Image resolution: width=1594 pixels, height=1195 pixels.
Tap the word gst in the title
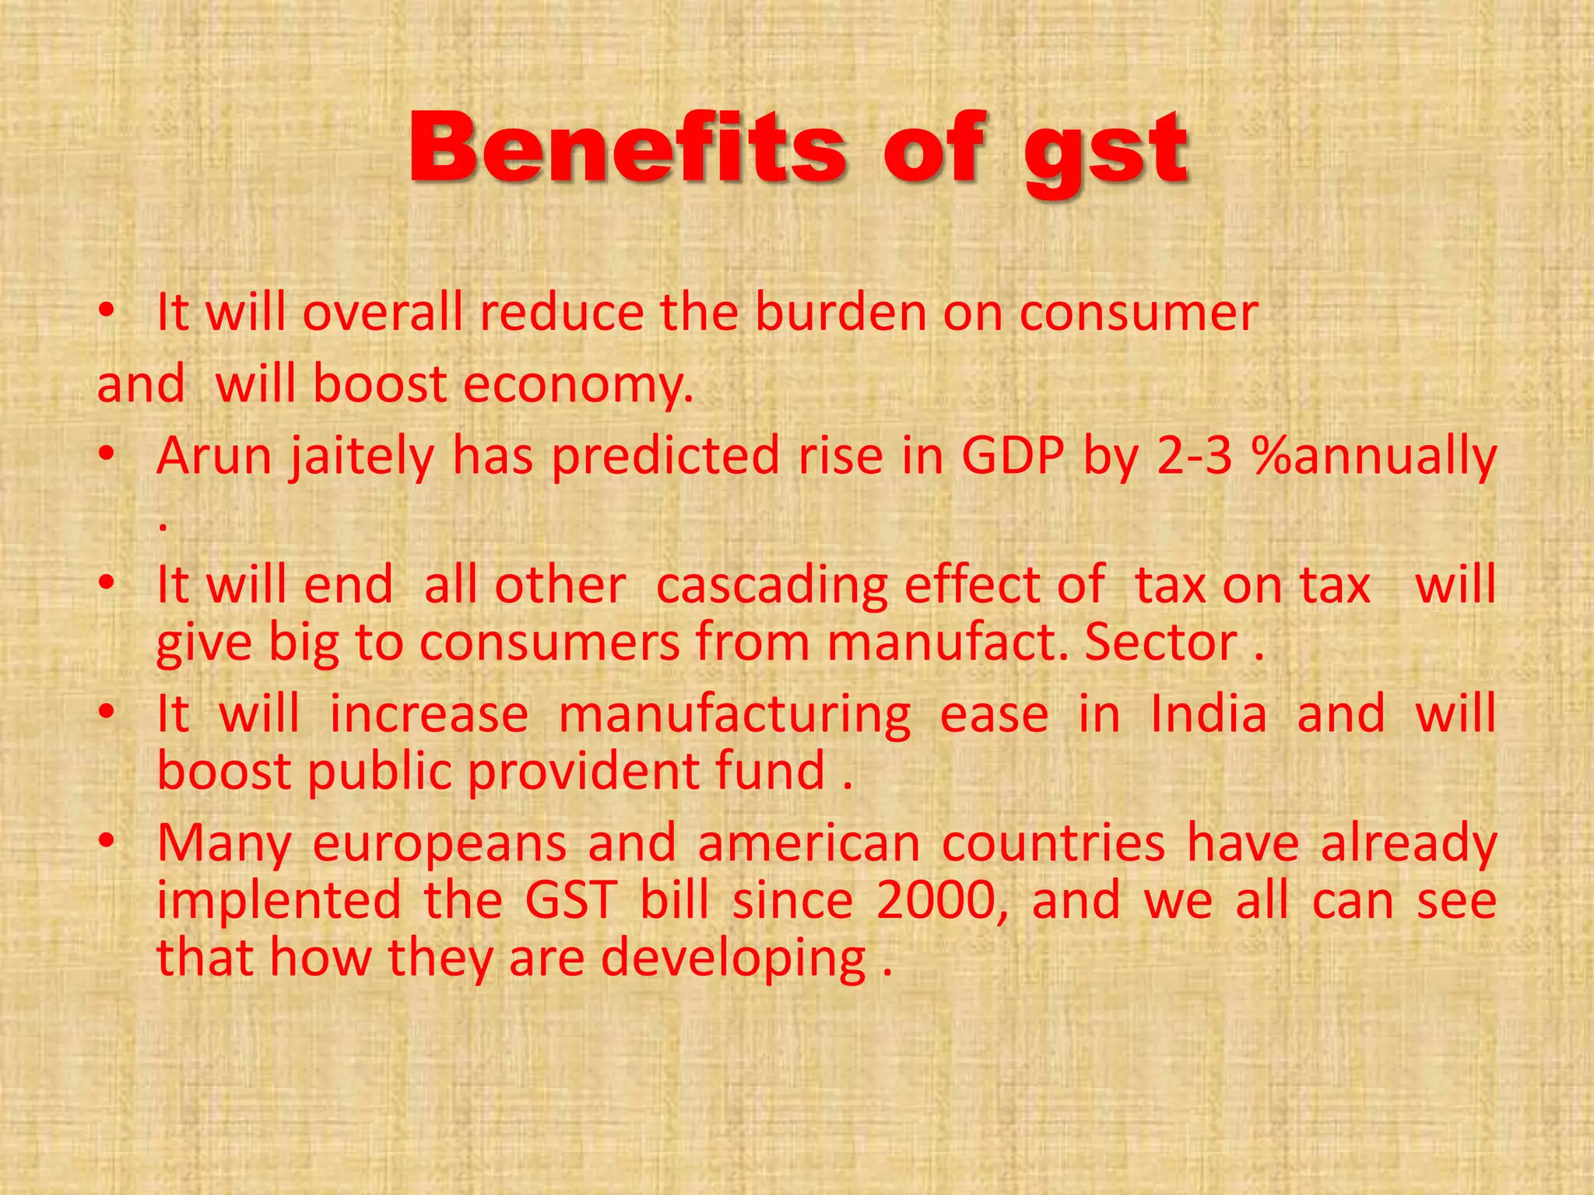tap(1105, 152)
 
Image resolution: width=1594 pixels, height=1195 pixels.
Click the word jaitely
tap(362, 457)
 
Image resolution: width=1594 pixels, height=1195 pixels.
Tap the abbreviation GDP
tap(1012, 456)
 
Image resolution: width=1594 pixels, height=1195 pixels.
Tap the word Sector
tap(1160, 643)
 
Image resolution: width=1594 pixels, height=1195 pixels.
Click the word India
tap(1208, 714)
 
